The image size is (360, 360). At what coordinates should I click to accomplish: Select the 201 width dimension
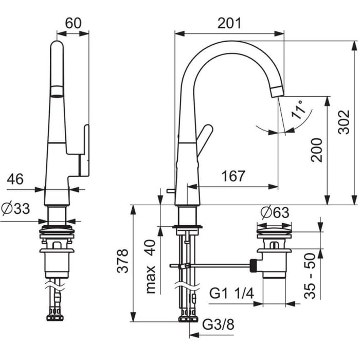(229, 23)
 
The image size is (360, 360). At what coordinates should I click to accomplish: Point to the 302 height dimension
(344, 122)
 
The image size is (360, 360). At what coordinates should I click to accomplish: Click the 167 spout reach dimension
(233, 176)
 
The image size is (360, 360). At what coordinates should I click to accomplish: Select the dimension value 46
(15, 179)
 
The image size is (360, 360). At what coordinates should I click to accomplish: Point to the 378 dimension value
(121, 262)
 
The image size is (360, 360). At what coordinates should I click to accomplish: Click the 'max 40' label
(151, 266)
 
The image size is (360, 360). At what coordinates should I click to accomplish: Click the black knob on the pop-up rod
(253, 266)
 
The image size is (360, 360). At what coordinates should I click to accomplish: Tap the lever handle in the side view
(205, 138)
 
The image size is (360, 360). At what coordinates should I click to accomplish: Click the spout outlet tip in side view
(277, 92)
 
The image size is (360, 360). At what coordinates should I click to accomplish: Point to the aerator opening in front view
(57, 93)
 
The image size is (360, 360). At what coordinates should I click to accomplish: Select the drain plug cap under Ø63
(274, 228)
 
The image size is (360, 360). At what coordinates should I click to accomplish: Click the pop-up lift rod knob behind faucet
(168, 191)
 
